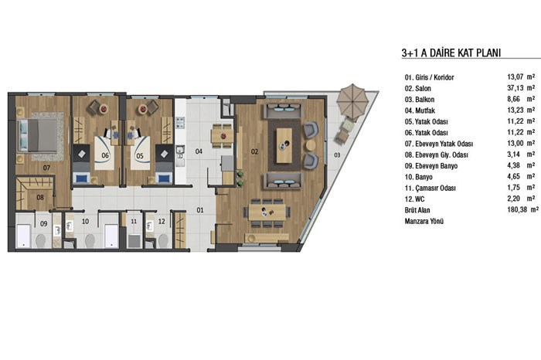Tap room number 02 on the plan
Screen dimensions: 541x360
254,151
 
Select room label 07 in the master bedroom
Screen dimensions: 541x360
46,168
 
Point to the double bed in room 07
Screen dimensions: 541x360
38,135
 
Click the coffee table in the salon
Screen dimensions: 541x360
284,145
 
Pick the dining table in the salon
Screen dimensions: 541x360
267,212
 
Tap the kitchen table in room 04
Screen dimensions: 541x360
222,135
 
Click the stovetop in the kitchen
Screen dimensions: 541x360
180,123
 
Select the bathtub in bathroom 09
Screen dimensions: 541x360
24,236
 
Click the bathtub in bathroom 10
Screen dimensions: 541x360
111,236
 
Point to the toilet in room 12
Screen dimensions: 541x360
163,241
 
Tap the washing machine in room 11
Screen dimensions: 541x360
134,241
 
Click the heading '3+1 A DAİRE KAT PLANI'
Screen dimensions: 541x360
451,53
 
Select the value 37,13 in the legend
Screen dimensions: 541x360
515,88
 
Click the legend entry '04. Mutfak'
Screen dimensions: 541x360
420,110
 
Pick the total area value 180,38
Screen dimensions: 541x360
518,209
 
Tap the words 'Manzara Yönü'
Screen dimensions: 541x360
424,221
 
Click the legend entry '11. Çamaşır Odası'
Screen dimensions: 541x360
430,188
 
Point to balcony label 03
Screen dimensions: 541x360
337,155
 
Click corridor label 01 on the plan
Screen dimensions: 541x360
200,210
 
